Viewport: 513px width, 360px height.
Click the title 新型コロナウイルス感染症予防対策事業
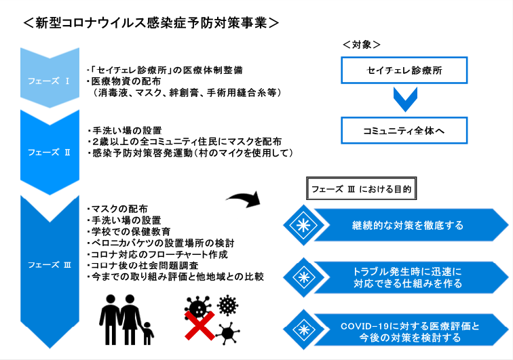coord(151,23)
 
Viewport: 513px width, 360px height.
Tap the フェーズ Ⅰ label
coord(49,81)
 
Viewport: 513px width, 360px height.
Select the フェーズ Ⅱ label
coord(49,153)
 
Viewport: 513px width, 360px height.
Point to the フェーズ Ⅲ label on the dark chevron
coord(49,264)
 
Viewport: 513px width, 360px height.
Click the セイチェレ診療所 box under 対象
coord(404,71)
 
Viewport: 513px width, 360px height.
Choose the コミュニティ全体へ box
coord(404,130)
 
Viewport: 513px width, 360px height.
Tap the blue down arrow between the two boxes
coord(405,100)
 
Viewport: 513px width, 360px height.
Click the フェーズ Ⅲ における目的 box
coord(361,188)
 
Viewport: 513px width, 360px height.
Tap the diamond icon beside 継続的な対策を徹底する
coord(304,225)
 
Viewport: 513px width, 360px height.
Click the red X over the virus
coord(199,325)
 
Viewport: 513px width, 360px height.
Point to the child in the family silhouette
coord(147,333)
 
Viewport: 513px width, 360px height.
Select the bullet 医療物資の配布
coord(123,81)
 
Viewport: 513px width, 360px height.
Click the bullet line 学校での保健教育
coord(128,231)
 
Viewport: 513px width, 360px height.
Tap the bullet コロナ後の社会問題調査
coord(142,266)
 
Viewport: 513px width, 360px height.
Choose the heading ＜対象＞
coord(362,45)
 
